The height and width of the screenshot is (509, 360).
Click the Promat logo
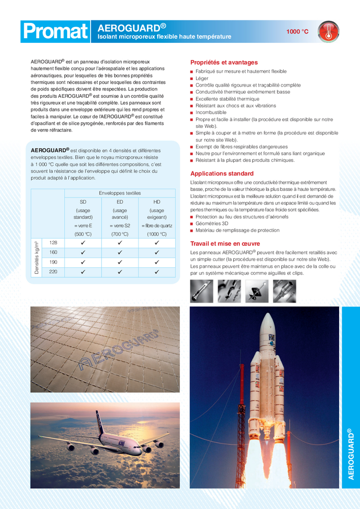(55, 32)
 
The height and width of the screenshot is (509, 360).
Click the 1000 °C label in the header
(297, 32)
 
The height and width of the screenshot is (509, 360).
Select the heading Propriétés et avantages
(224, 62)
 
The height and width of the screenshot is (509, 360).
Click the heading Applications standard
(221, 173)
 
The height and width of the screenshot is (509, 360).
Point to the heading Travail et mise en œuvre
(225, 243)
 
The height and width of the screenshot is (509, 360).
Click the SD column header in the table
(83, 202)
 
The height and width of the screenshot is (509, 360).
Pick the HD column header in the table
(157, 202)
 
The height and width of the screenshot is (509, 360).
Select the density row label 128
(53, 243)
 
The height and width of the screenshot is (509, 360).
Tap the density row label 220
(53, 272)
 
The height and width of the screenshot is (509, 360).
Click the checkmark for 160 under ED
(120, 252)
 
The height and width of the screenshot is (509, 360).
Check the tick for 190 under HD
(157, 262)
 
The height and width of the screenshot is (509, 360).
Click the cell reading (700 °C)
(120, 234)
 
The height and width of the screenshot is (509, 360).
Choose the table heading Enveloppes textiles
(120, 193)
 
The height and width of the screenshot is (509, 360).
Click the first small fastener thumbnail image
(201, 291)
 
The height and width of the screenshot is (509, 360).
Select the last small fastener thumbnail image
(284, 291)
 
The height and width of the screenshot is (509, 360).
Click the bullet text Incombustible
(211, 112)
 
